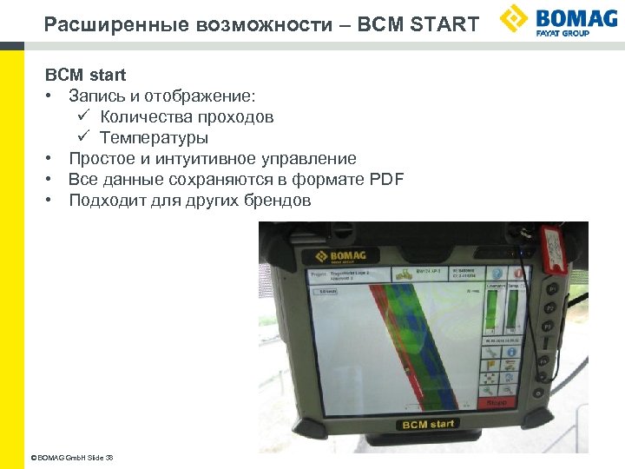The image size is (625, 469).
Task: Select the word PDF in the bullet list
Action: point(387,180)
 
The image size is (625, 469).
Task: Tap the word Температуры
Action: point(154,138)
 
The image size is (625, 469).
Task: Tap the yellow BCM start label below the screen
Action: point(427,424)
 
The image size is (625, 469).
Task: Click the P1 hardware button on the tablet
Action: point(548,289)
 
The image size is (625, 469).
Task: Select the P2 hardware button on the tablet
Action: point(548,308)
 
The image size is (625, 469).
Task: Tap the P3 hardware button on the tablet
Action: point(548,326)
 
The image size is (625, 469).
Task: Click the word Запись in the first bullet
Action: point(95,96)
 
